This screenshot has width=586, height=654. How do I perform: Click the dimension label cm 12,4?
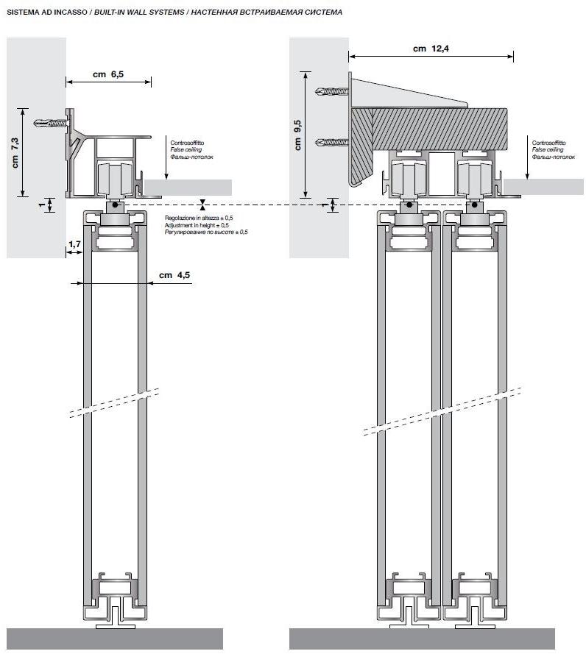click(430, 49)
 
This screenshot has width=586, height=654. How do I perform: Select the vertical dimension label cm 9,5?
click(298, 134)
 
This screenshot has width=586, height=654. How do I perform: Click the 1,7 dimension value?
click(74, 244)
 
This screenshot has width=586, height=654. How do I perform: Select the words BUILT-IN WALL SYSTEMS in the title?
click(138, 13)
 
